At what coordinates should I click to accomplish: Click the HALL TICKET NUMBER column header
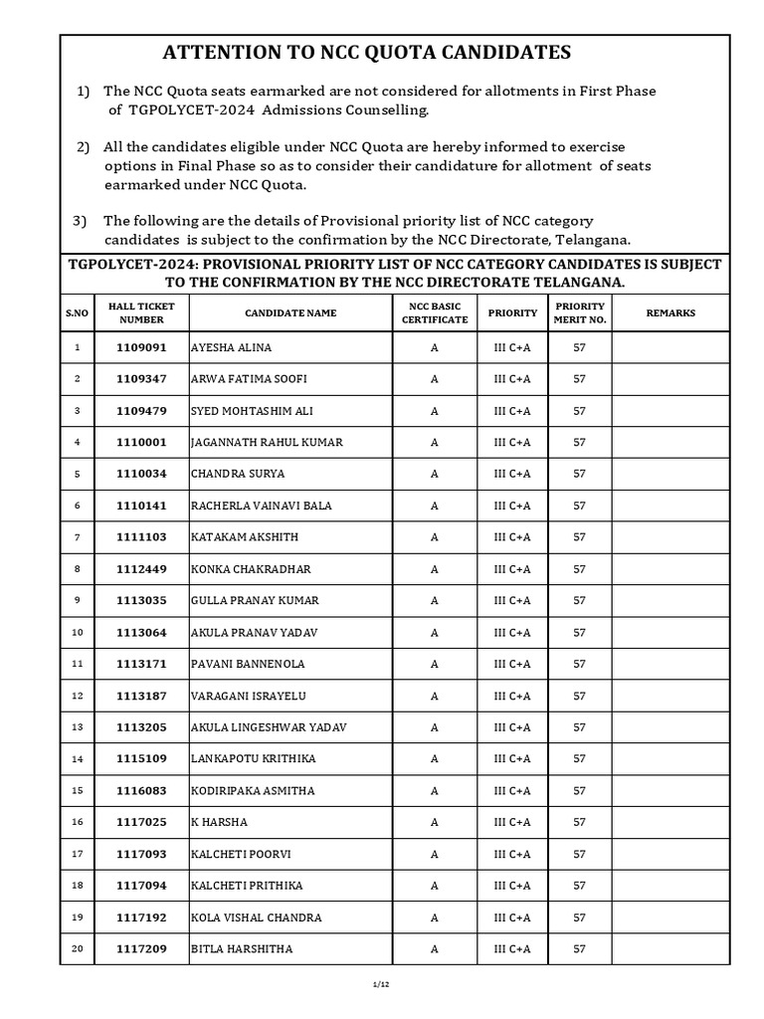141,312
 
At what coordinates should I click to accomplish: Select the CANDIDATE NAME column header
290,312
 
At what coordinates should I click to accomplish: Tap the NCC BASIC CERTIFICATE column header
434,312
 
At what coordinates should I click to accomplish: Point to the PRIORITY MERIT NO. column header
579,312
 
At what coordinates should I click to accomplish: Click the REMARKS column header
670,312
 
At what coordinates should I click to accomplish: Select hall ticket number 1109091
141,347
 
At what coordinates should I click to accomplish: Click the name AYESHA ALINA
231,347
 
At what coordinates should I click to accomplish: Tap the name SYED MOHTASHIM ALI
249,411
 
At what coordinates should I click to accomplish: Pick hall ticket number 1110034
141,474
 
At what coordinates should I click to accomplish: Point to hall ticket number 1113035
141,600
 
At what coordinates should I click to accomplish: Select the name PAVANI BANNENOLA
248,664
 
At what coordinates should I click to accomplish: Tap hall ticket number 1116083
141,790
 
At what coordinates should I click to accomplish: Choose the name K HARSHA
219,822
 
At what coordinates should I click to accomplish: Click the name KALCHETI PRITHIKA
247,886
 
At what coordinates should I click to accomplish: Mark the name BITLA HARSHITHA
242,949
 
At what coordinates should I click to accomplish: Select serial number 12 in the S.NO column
77,696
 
